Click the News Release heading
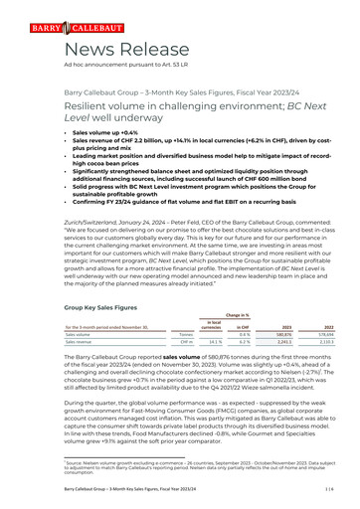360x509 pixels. (96, 51)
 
